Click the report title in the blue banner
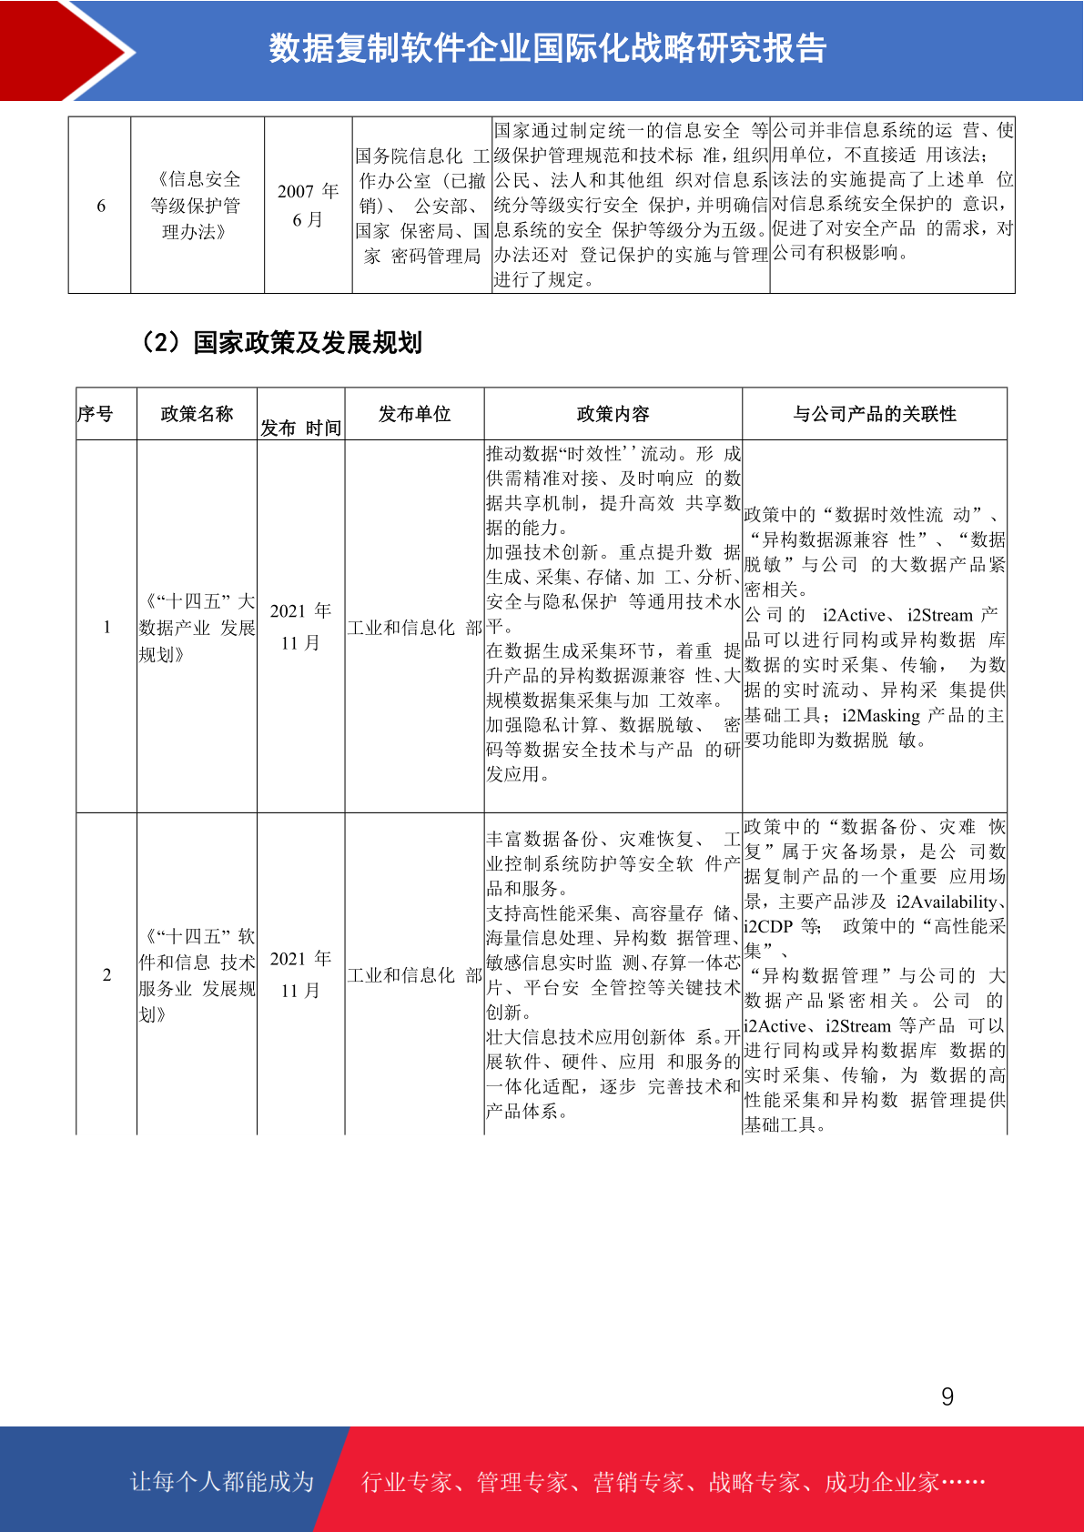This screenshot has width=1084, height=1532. tap(547, 48)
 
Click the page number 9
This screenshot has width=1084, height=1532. tap(947, 1396)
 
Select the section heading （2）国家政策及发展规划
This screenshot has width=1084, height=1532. tap(280, 343)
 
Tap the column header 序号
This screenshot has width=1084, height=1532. tap(96, 414)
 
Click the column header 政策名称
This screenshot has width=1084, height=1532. tap(197, 414)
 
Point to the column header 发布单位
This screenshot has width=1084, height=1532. tap(414, 414)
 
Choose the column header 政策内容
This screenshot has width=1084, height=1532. tap(613, 414)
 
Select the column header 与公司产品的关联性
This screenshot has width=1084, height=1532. tap(875, 414)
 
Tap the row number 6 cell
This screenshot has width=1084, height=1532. tap(101, 206)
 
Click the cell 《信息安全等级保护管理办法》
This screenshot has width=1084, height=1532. tap(197, 206)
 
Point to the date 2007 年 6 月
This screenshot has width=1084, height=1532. tap(308, 206)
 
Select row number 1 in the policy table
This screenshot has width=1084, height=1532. tap(106, 627)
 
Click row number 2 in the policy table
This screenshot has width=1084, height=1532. tap(106, 974)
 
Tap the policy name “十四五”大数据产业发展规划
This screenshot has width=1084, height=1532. tap(197, 628)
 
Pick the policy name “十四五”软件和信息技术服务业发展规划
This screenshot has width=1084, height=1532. tap(197, 975)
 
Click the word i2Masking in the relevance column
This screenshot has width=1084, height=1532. tap(881, 716)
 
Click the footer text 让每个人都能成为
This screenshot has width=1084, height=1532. tap(222, 1482)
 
